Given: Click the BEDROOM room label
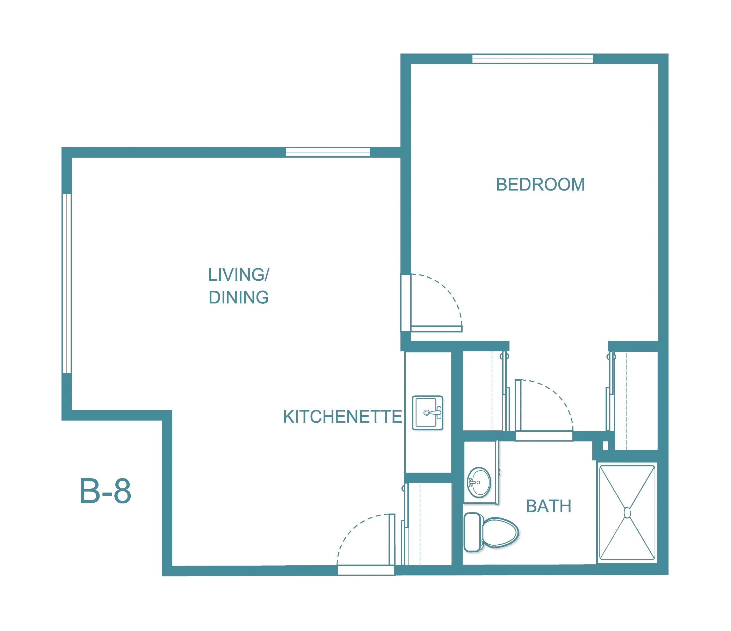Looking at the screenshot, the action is click(540, 185).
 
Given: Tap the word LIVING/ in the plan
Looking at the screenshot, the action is click(239, 274).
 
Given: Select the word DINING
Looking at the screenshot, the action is click(239, 297).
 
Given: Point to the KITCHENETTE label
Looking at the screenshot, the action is click(342, 416).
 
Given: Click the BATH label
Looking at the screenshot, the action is click(549, 506).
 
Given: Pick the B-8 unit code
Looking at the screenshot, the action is click(105, 491).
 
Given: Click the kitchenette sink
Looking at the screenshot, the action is click(428, 413).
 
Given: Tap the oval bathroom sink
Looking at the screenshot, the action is click(479, 482).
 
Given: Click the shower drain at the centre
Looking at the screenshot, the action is click(627, 512).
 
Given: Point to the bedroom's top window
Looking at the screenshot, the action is click(533, 59).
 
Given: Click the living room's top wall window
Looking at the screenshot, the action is click(328, 152).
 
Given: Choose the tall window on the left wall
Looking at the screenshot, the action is click(67, 284).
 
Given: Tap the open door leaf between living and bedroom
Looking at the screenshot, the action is click(436, 329).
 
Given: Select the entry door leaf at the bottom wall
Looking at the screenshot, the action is click(392, 540).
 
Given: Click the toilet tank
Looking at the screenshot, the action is click(474, 532).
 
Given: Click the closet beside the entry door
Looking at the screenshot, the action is click(428, 524).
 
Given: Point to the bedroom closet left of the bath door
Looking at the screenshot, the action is click(485, 391).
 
